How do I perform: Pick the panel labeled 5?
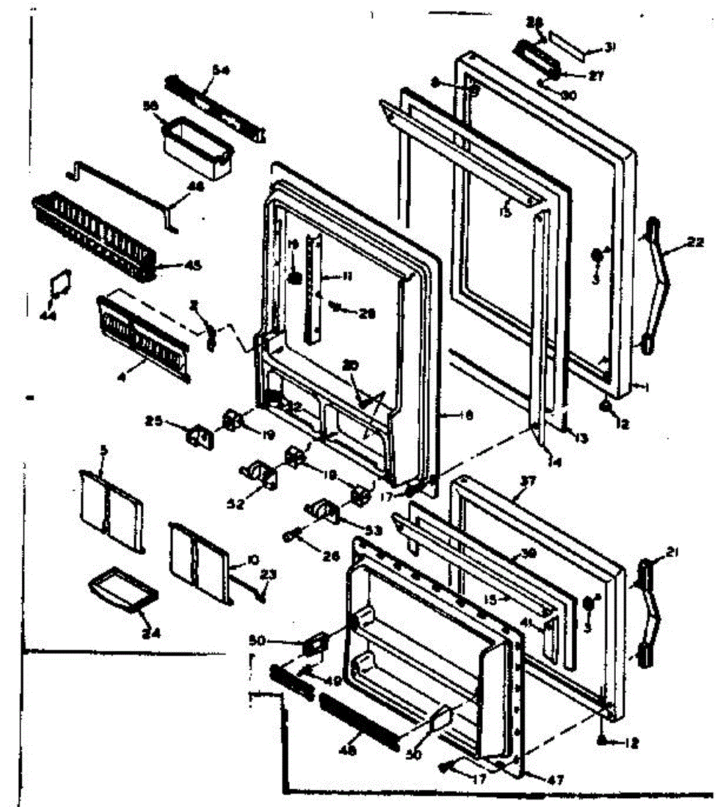(x=111, y=510)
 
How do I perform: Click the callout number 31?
(x=610, y=46)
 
